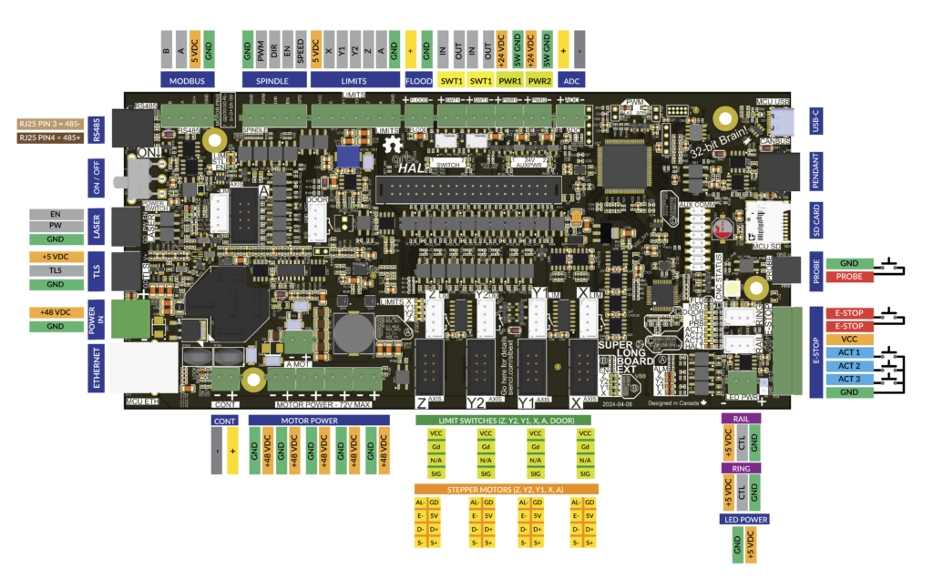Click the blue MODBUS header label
188,80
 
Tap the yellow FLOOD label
418,80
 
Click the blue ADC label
572,80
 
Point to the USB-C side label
817,120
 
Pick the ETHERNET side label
97,367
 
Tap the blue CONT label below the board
224,421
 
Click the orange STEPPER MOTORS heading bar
506,489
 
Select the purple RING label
741,468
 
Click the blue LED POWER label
743,520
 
